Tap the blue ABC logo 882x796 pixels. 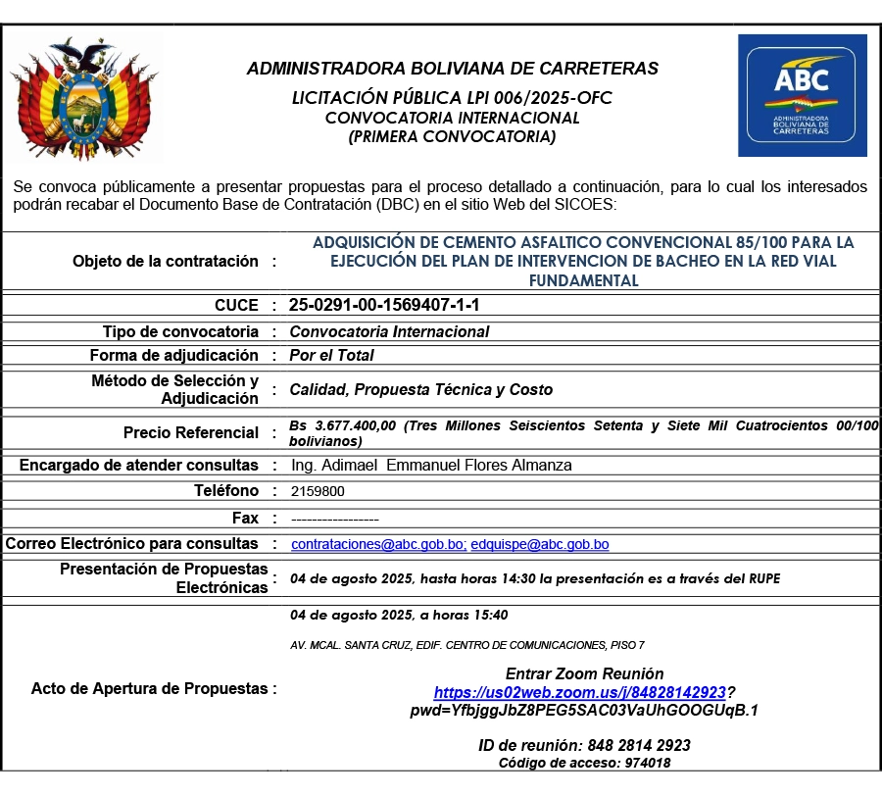tap(802, 96)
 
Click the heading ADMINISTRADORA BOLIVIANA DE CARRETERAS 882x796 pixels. tap(453, 69)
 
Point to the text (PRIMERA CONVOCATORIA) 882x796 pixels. tap(453, 137)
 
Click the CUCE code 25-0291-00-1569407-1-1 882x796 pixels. tap(384, 305)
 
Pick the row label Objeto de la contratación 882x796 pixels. tap(166, 261)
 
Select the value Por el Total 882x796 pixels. tap(331, 356)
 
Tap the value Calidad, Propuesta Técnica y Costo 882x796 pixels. tap(420, 389)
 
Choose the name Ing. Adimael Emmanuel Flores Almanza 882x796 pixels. tap(431, 465)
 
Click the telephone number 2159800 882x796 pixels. tap(318, 491)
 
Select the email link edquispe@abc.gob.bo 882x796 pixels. tap(540, 544)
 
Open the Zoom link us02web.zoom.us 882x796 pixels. tap(580, 692)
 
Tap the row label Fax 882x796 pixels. tap(245, 518)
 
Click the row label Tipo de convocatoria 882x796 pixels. tap(180, 331)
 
